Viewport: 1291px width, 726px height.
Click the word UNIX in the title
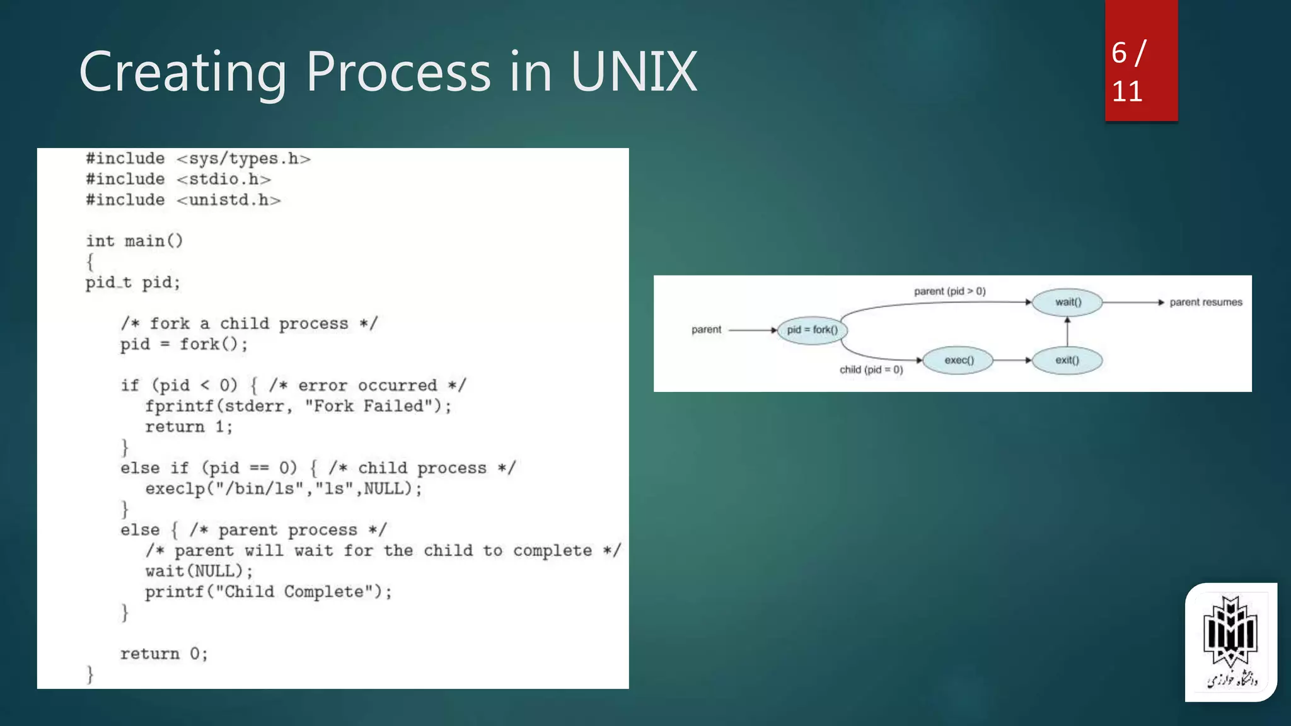click(x=633, y=72)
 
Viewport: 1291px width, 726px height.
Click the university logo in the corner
click(x=1230, y=642)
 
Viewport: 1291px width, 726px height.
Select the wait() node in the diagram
click(x=1067, y=302)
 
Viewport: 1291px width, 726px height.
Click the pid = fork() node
click(x=812, y=330)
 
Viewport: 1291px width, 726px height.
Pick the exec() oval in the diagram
click(x=958, y=360)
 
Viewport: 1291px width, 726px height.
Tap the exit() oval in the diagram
click(x=1067, y=360)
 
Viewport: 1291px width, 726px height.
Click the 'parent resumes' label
click(x=1205, y=302)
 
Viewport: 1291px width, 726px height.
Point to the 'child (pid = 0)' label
click(x=871, y=369)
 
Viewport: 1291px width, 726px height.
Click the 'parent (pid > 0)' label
click(x=949, y=291)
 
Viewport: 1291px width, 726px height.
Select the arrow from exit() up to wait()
click(x=1067, y=331)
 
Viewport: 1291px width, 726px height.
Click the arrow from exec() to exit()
click(x=1012, y=360)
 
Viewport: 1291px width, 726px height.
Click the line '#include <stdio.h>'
click(x=178, y=179)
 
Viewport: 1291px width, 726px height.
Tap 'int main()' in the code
click(x=134, y=241)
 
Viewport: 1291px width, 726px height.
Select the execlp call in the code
click(x=283, y=488)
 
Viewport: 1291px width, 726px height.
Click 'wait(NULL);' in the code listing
click(x=199, y=571)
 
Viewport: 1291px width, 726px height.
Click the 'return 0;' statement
click(x=164, y=654)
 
